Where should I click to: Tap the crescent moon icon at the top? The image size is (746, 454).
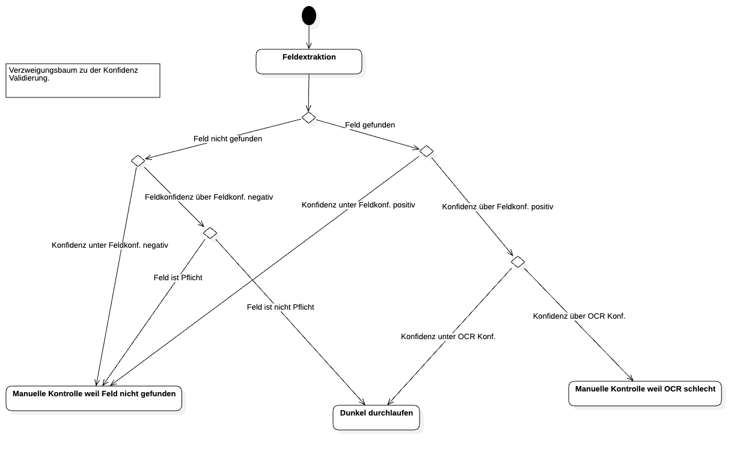pyautogui.click(x=314, y=20)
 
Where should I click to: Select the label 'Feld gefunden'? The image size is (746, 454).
pyautogui.click(x=370, y=125)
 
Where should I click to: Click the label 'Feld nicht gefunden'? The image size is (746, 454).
pyautogui.click(x=228, y=139)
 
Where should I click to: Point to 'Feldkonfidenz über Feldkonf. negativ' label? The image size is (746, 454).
pyautogui.click(x=209, y=197)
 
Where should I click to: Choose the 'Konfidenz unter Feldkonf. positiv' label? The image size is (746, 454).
pyautogui.click(x=358, y=205)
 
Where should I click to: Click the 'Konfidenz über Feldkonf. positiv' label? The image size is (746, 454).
pyautogui.click(x=497, y=207)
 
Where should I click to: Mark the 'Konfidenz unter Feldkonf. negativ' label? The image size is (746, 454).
pyautogui.click(x=110, y=245)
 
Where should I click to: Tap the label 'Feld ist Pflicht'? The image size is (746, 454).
pyautogui.click(x=178, y=278)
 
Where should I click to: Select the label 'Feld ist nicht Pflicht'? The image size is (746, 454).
pyautogui.click(x=280, y=307)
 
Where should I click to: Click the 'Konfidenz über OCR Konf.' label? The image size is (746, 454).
pyautogui.click(x=579, y=316)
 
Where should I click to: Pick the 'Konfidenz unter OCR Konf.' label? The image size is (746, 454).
pyautogui.click(x=448, y=337)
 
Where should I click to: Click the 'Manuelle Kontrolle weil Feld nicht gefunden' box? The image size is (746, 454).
pyautogui.click(x=94, y=398)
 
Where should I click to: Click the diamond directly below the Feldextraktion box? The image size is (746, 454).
pyautogui.click(x=310, y=118)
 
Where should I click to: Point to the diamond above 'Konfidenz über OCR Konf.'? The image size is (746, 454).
pyautogui.click(x=519, y=263)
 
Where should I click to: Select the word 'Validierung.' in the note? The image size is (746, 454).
pyautogui.click(x=29, y=78)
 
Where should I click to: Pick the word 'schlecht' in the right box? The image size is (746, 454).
pyautogui.click(x=699, y=389)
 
